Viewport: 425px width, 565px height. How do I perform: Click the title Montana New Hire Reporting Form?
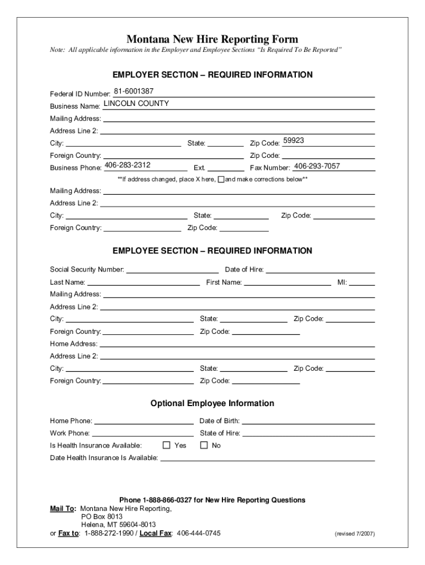click(x=212, y=39)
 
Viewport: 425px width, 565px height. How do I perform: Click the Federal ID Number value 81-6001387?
click(x=134, y=91)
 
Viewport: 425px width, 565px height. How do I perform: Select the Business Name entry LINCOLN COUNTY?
click(x=136, y=103)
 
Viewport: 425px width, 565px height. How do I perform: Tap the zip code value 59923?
click(x=294, y=141)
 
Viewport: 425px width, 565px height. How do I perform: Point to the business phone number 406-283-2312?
click(x=127, y=165)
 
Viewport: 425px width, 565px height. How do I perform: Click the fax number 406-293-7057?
click(x=317, y=166)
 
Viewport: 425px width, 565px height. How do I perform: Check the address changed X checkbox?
click(x=221, y=179)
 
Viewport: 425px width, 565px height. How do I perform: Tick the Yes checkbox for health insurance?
click(x=166, y=445)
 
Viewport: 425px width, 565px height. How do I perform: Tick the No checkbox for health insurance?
click(x=204, y=445)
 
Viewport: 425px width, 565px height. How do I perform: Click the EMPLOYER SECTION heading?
click(x=212, y=74)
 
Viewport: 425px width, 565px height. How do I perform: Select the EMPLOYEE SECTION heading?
click(x=212, y=250)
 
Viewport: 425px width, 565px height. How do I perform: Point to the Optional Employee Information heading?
click(x=212, y=403)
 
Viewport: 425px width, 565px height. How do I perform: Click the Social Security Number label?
click(x=87, y=270)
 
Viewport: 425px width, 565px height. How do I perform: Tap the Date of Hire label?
click(x=244, y=270)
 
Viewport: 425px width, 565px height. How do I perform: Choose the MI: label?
click(x=342, y=282)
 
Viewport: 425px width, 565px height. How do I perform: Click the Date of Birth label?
click(x=219, y=421)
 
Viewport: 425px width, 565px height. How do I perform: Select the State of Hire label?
click(x=220, y=433)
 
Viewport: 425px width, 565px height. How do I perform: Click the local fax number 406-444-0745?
click(x=198, y=533)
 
